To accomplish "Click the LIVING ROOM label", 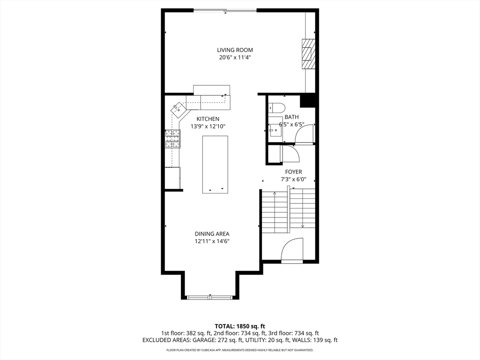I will (235, 50).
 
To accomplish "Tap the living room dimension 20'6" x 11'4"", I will (235, 58).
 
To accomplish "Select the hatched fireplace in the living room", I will (307, 54).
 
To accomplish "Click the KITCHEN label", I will (208, 119).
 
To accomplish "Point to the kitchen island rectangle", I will (215, 165).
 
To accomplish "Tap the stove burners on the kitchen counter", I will (172, 139).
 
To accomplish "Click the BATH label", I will (292, 117).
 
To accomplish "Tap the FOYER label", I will (293, 172).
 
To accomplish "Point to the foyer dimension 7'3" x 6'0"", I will (293, 179).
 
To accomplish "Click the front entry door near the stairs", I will (292, 250).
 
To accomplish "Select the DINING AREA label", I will (212, 234).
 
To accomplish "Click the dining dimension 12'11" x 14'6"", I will (212, 241).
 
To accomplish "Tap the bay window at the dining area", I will (210, 297).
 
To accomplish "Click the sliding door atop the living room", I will (225, 10).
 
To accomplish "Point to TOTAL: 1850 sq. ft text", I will (240, 326).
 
